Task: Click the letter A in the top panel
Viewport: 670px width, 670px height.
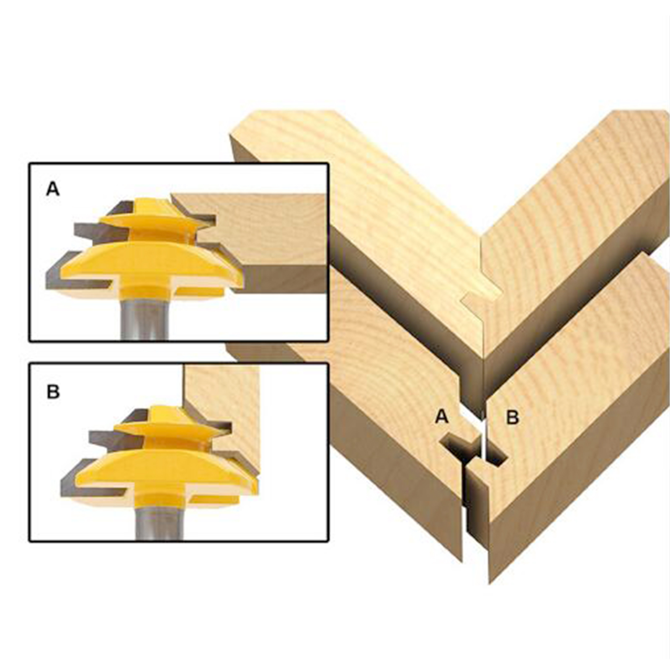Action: [53, 189]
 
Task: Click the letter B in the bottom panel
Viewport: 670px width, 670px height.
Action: [53, 392]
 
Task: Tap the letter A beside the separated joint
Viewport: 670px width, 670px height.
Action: [442, 417]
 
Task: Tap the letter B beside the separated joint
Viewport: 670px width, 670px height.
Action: [513, 417]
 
